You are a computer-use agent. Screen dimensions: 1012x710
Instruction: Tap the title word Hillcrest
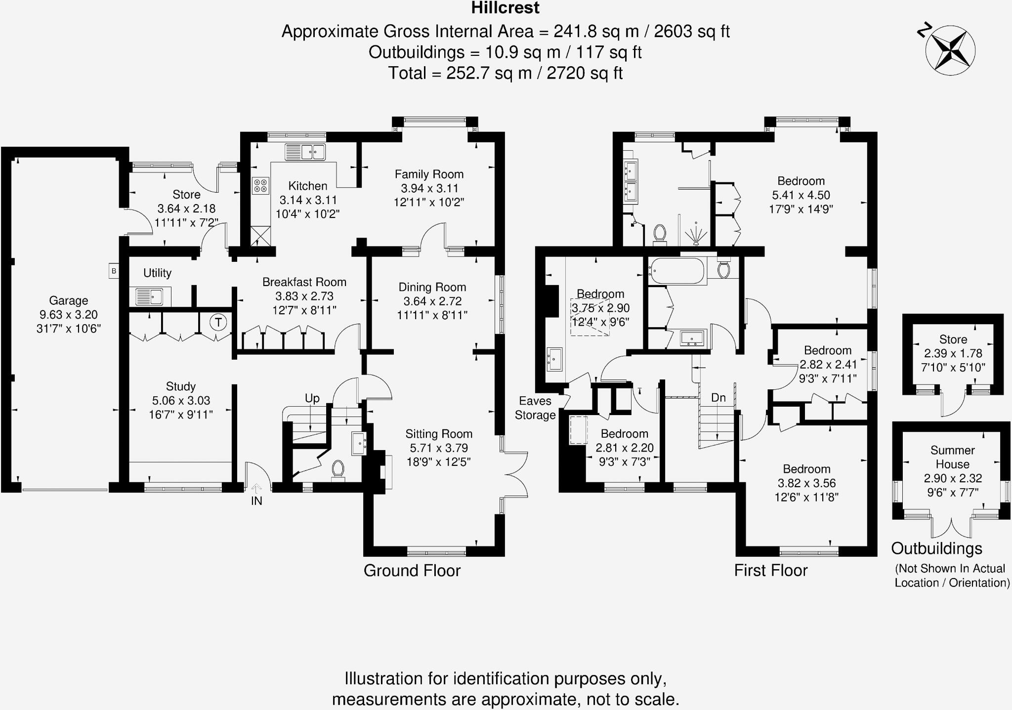coord(505,8)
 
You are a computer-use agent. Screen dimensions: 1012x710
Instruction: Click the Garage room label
coord(68,300)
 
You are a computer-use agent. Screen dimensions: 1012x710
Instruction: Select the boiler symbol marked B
coord(114,271)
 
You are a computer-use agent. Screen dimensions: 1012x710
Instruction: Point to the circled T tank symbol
coord(218,323)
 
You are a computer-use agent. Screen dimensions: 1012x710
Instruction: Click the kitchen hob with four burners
coord(260,186)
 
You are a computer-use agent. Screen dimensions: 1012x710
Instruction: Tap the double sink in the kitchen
coord(305,152)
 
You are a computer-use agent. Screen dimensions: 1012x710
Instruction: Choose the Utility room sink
coord(150,297)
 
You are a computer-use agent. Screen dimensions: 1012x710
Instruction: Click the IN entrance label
coord(256,501)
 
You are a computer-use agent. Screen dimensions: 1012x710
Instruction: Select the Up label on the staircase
coord(312,398)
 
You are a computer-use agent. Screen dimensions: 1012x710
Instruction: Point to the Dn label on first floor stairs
coord(718,398)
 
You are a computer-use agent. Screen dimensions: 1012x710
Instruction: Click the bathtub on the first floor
coord(676,271)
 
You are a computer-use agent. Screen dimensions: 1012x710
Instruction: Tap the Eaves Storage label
coord(535,408)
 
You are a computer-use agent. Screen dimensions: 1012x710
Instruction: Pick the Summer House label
coord(952,457)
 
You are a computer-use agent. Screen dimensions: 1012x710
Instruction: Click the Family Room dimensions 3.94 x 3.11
coord(429,188)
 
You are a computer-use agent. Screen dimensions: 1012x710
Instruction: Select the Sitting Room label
coord(439,434)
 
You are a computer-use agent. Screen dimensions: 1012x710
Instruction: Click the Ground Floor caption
coord(412,571)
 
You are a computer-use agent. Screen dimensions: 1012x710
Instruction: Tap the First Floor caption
coord(770,571)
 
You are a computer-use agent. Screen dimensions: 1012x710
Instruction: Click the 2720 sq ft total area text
coord(584,73)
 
